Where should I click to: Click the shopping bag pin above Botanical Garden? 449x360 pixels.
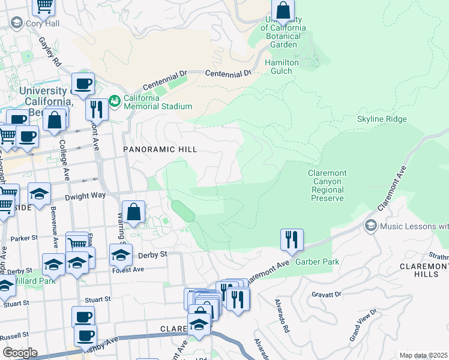tap(283, 11)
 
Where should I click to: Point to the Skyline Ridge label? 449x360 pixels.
tap(382, 119)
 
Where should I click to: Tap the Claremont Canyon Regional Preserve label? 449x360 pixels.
tap(327, 185)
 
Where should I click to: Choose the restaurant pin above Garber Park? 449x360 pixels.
tap(292, 239)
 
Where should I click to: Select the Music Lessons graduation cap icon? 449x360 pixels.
tap(370, 226)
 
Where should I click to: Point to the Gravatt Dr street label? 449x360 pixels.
tap(327, 295)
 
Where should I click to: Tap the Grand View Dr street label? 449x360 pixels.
tap(364, 325)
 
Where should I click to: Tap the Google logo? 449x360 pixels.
tap(19, 353)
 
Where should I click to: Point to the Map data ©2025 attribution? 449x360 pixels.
tap(423, 355)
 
